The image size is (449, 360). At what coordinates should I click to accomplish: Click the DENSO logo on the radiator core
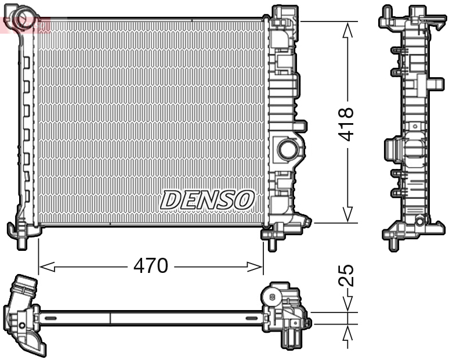click(207, 200)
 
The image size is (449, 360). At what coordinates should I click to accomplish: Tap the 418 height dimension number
click(347, 124)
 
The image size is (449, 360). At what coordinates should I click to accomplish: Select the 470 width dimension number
click(150, 266)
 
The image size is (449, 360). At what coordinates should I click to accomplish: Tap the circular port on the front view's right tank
click(287, 149)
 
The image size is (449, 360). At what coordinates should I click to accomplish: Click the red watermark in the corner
click(26, 24)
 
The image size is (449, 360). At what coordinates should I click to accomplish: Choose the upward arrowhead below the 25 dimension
click(347, 332)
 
